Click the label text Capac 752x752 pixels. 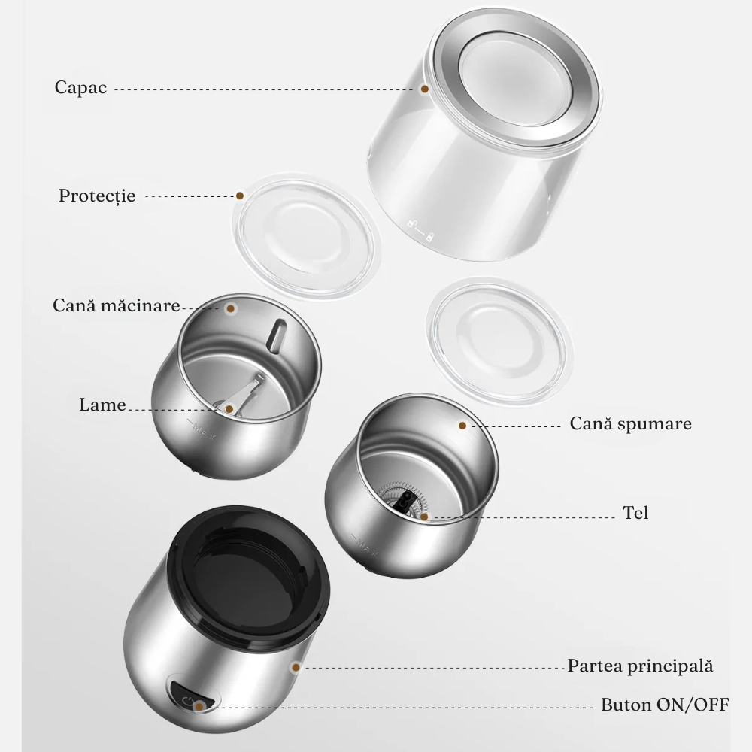coord(80,87)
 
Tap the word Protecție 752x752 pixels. coord(97,196)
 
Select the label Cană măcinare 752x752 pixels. coord(117,305)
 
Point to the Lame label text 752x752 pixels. coord(102,405)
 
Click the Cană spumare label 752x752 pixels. coord(631,423)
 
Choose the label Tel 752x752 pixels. coord(636,513)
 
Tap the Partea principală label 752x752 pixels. coord(640,666)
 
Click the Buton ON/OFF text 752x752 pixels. coord(666,705)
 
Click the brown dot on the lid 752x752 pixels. coord(424,89)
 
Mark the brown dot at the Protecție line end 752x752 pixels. coord(240,196)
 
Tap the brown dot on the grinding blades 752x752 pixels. coord(229,409)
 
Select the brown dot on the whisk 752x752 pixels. coord(424,517)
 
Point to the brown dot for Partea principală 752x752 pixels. coord(296,667)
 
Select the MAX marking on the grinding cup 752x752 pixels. coord(202,429)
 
